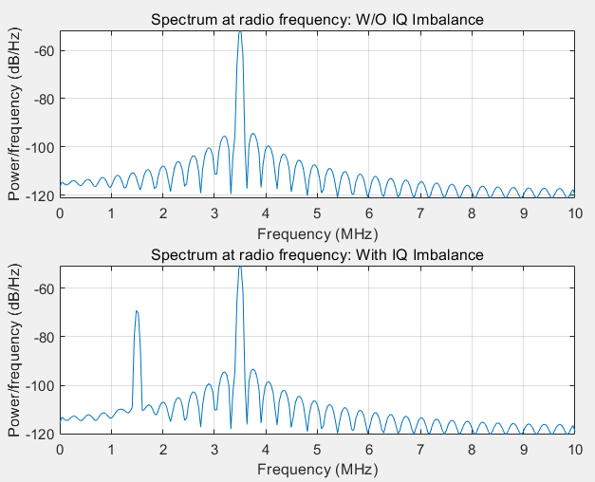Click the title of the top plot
click(x=317, y=20)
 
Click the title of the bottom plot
click(x=317, y=255)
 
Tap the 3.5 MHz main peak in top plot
click(x=240, y=34)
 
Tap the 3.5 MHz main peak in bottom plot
click(x=240, y=269)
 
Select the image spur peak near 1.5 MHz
click(x=137, y=311)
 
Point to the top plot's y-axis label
click(x=15, y=113)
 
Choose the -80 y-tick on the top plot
click(x=45, y=99)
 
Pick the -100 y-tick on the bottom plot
click(x=42, y=386)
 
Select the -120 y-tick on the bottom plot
click(x=42, y=435)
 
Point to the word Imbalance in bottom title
click(x=451, y=255)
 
